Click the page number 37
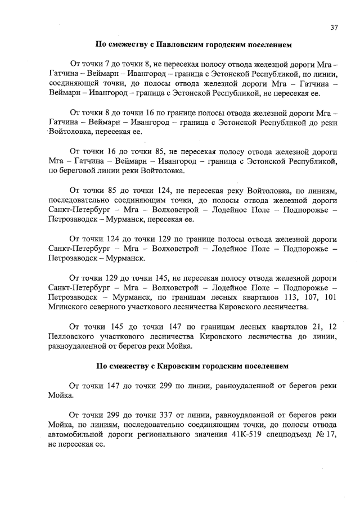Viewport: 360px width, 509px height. (334, 28)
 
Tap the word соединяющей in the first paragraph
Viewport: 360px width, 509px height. (74, 83)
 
